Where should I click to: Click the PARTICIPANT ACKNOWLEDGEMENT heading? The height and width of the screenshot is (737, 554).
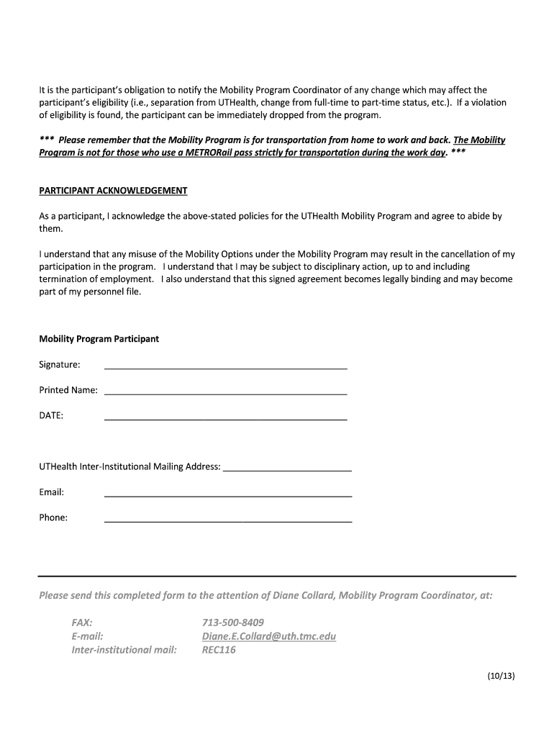[x=113, y=191]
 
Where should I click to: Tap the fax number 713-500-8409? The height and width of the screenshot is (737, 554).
[x=233, y=623]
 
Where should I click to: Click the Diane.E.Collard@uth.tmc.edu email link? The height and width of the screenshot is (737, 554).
[x=269, y=636]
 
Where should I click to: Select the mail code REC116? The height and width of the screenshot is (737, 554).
[x=219, y=650]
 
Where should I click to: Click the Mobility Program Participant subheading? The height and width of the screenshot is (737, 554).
[x=99, y=339]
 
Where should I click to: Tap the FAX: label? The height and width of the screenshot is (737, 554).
[x=82, y=623]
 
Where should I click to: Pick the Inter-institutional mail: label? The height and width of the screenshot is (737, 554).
[x=124, y=650]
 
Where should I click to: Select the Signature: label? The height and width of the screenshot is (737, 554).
[x=60, y=365]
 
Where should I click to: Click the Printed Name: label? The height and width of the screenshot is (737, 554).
[x=68, y=390]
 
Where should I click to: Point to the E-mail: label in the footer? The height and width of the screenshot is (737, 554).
[x=87, y=636]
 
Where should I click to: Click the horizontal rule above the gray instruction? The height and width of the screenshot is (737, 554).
[x=277, y=576]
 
